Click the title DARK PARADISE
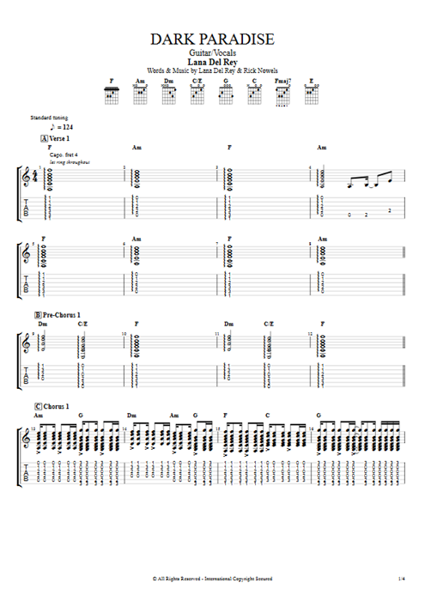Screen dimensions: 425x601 (212, 39)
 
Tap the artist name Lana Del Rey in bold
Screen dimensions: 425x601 (212, 62)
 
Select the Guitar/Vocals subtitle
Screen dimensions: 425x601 (212, 52)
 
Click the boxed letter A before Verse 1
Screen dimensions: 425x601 (43, 138)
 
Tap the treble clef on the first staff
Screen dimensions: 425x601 (27, 177)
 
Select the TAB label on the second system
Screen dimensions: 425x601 (27, 284)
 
